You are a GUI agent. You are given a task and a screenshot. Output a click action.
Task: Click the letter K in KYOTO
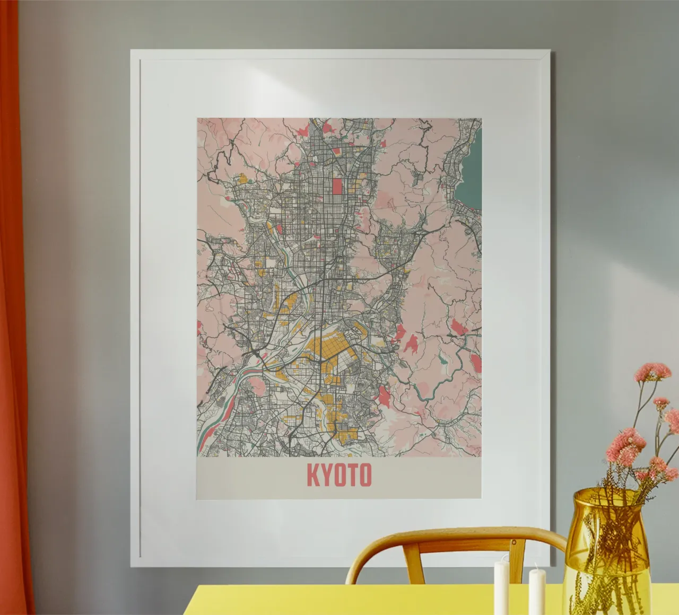[x=313, y=476]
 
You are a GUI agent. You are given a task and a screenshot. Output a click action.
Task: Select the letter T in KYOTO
[x=352, y=476]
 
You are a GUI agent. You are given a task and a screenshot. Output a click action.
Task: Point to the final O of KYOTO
[x=364, y=476]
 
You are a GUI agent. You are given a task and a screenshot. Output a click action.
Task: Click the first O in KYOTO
[x=339, y=476]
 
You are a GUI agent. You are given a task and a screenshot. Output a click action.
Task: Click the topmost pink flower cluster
[x=652, y=371]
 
